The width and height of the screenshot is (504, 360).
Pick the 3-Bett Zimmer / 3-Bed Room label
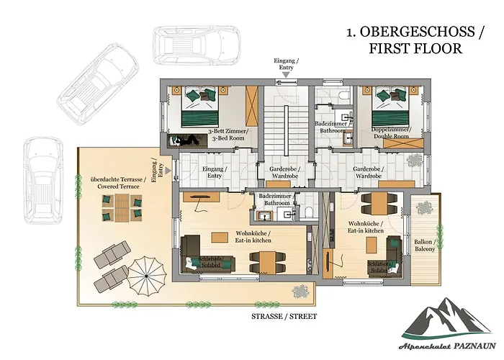pos(229,135)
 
